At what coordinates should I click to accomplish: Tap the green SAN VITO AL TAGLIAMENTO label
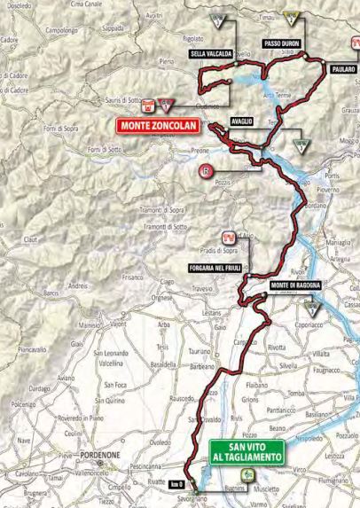click(247, 452)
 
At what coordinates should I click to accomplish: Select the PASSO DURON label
click(282, 43)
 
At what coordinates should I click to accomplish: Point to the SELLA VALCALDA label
click(211, 54)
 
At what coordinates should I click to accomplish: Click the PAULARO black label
click(343, 68)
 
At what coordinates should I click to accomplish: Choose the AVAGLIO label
click(241, 121)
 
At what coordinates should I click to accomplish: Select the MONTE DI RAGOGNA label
click(294, 285)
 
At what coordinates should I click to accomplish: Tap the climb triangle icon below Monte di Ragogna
click(311, 309)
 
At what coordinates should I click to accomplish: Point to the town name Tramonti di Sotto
click(165, 226)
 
